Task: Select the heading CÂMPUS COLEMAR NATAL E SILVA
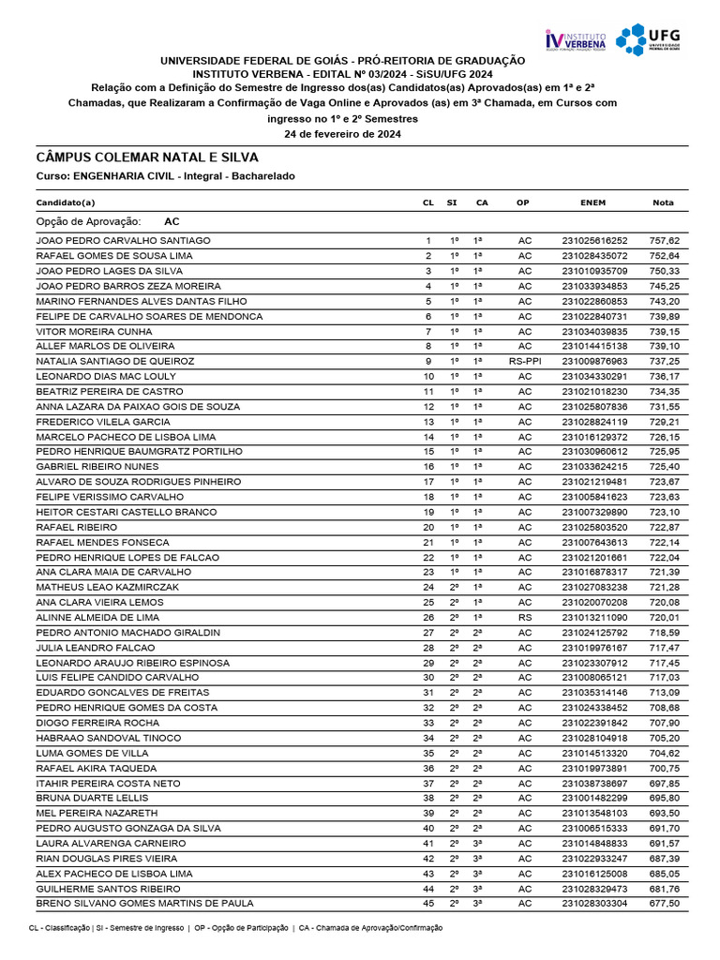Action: pos(147,157)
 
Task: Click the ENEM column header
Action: pos(593,202)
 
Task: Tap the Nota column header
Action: pos(663,202)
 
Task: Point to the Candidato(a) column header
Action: pos(66,202)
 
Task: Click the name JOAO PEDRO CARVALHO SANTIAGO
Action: pos(123,241)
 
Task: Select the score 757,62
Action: pos(663,241)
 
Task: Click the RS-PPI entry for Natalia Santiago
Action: pos(525,361)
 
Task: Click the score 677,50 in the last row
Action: pos(663,903)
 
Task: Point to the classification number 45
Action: pos(428,903)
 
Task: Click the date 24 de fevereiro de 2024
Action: pos(342,134)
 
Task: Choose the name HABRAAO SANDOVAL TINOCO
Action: pos(109,737)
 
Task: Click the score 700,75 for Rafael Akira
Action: pos(663,767)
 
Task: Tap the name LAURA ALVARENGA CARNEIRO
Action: pos(112,843)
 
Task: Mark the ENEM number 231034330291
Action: pos(594,376)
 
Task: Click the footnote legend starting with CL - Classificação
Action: pos(235,927)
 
